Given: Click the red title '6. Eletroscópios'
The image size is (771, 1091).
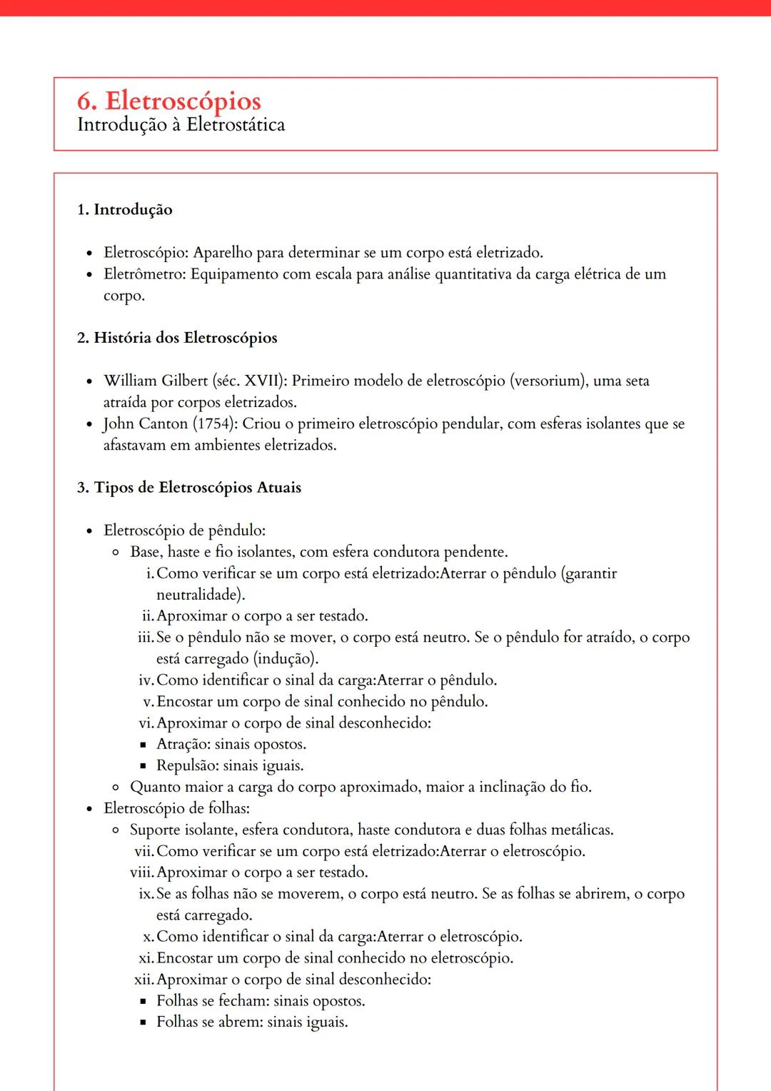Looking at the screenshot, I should tap(168, 101).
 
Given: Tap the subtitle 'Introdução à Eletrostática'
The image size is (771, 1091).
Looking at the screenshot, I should tap(181, 125).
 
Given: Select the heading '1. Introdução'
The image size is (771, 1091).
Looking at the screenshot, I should tap(124, 209).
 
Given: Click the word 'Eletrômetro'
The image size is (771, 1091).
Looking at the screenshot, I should tap(144, 274).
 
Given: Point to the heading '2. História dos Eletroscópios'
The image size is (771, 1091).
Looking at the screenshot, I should tap(177, 338).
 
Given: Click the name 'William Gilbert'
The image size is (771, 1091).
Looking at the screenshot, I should tap(156, 381).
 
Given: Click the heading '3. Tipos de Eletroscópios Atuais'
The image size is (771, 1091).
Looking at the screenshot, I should tap(189, 488).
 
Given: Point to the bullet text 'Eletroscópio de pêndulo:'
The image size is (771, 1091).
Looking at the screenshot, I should tap(184, 531).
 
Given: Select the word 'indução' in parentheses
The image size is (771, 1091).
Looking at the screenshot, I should tap(286, 658).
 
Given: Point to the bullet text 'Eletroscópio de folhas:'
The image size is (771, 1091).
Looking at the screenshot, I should tap(176, 808).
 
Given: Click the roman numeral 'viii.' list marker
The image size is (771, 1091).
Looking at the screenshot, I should tap(142, 873).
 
